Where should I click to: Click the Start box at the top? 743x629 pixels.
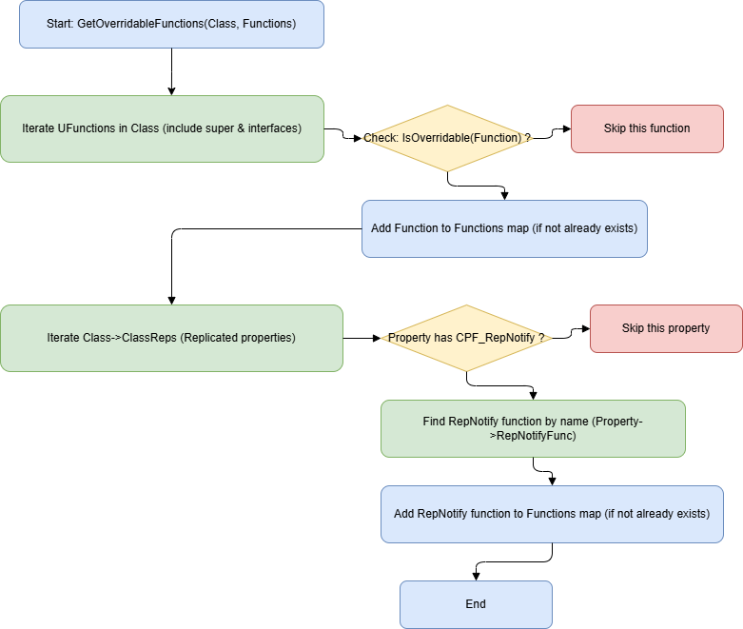pyautogui.click(x=171, y=24)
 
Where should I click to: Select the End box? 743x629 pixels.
pyautogui.click(x=476, y=604)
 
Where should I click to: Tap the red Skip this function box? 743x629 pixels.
pyautogui.click(x=647, y=128)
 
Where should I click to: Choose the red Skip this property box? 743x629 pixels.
pyautogui.click(x=666, y=328)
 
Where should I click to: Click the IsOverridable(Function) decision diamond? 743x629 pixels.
pyautogui.click(x=447, y=138)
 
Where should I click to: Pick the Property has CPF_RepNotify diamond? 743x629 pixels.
pyautogui.click(x=466, y=338)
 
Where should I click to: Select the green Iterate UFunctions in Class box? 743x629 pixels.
pyautogui.click(x=162, y=128)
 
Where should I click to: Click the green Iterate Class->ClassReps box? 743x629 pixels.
pyautogui.click(x=171, y=338)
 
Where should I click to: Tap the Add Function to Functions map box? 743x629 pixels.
pyautogui.click(x=504, y=228)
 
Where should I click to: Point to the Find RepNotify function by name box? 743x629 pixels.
pyautogui.click(x=533, y=428)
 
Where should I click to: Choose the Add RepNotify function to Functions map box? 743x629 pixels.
pyautogui.click(x=552, y=514)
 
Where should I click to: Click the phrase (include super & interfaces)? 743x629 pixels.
pyautogui.click(x=232, y=128)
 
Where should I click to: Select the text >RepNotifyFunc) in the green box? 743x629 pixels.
pyautogui.click(x=533, y=436)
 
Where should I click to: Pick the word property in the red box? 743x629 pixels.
pyautogui.click(x=688, y=328)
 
